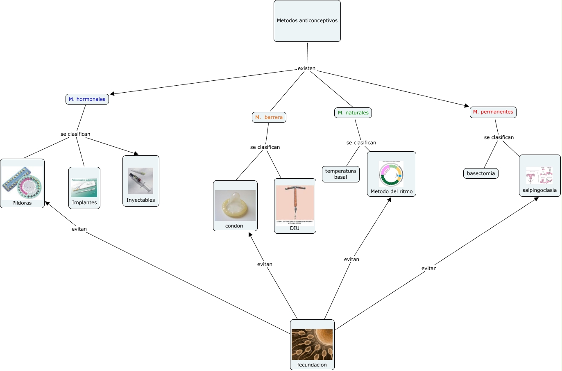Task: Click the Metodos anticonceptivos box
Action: (x=307, y=20)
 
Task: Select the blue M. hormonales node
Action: (x=87, y=99)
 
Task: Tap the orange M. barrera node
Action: (x=269, y=117)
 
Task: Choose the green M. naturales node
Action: (x=353, y=113)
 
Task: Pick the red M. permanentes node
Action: (x=493, y=112)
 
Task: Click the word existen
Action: (x=306, y=68)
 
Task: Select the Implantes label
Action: (x=84, y=203)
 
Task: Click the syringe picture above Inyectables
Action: (x=140, y=180)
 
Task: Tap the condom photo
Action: (x=235, y=205)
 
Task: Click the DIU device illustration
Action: (x=295, y=203)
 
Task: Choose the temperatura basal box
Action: (x=341, y=174)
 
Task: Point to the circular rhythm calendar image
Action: (x=391, y=174)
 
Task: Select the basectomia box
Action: (x=481, y=173)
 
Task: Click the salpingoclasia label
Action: (x=539, y=190)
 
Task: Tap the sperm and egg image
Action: (x=312, y=344)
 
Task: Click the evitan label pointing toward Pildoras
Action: (x=79, y=229)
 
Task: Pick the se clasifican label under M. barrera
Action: (x=265, y=147)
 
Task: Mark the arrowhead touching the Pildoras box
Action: (x=47, y=203)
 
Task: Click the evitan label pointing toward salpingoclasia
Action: (x=429, y=269)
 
